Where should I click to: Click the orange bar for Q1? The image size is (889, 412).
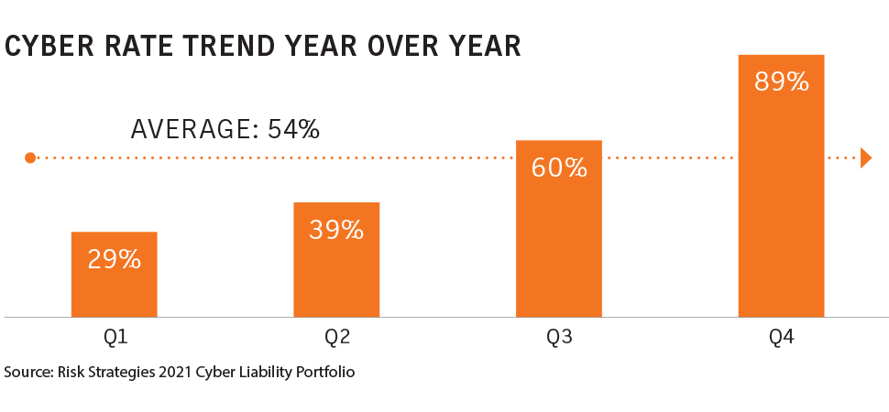click(114, 275)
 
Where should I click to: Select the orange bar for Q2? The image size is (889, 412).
click(336, 259)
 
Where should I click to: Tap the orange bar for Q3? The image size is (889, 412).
click(558, 228)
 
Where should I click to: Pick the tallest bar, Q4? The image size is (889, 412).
click(781, 186)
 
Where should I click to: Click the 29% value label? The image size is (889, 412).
click(114, 259)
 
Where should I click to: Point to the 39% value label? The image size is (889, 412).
click(336, 230)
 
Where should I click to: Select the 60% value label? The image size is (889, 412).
click(558, 168)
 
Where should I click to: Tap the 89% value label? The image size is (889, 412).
click(781, 82)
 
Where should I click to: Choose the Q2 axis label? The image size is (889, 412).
click(336, 338)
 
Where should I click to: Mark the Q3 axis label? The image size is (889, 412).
click(559, 338)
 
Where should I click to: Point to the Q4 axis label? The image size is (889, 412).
click(781, 338)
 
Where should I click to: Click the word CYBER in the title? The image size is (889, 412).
click(49, 47)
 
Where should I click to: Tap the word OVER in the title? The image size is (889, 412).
click(402, 47)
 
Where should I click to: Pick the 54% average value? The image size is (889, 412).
click(293, 129)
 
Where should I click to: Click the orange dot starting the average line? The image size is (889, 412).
click(30, 157)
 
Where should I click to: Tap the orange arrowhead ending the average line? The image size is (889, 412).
click(866, 157)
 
